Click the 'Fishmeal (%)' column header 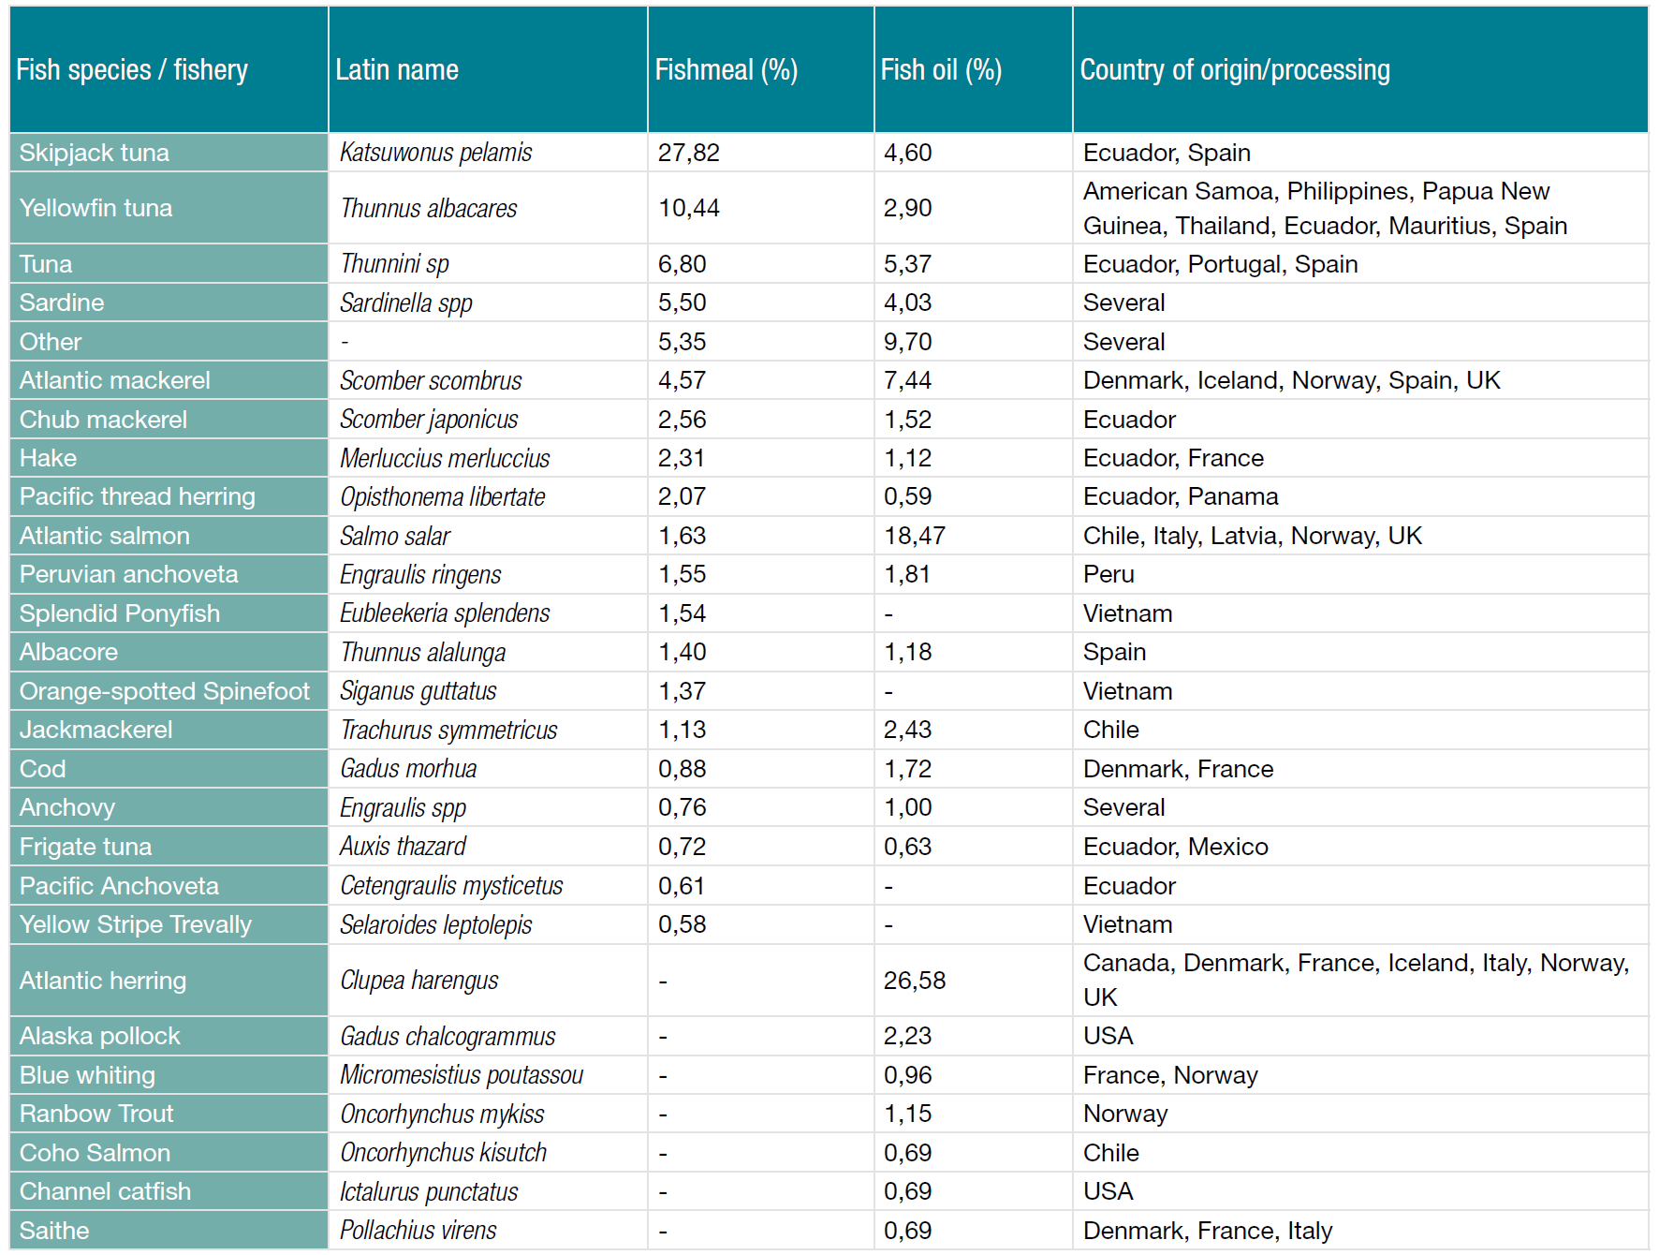click(726, 70)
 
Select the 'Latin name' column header click(397, 70)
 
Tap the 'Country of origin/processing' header click(1234, 70)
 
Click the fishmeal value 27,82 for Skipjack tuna click(688, 153)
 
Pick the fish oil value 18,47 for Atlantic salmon click(914, 536)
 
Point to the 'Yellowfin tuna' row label click(95, 208)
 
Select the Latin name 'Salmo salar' click(395, 536)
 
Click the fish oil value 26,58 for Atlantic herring click(914, 981)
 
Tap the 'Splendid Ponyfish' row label click(120, 613)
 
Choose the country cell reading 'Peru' click(1108, 574)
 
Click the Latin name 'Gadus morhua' click(408, 769)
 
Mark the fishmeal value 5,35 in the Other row click(682, 342)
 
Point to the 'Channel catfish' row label click(105, 1191)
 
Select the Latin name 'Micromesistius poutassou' click(462, 1075)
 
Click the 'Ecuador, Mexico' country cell click(1175, 847)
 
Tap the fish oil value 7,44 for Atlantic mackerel click(907, 380)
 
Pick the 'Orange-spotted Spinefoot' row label click(164, 691)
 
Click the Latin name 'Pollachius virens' click(418, 1231)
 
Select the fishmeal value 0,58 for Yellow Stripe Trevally click(682, 924)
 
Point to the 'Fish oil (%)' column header click(940, 70)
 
